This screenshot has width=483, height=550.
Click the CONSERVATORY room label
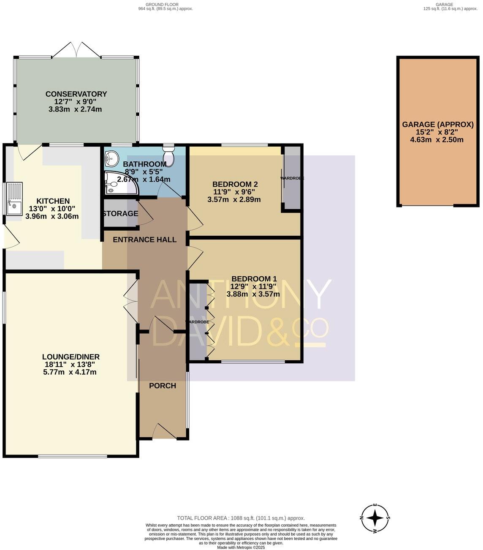point(76,94)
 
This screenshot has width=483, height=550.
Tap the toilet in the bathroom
point(168,150)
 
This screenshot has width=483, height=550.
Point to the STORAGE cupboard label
point(120,214)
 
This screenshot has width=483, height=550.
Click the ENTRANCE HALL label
point(144,240)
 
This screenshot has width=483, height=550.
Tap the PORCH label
point(163,386)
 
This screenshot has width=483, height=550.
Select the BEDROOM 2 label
point(235,184)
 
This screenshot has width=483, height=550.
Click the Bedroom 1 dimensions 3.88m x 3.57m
point(253,294)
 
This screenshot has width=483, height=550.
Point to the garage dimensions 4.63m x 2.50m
point(437,139)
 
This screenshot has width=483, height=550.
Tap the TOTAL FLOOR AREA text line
point(241,518)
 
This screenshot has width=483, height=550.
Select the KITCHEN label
point(53,201)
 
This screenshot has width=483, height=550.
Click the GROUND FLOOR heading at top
point(162,4)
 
